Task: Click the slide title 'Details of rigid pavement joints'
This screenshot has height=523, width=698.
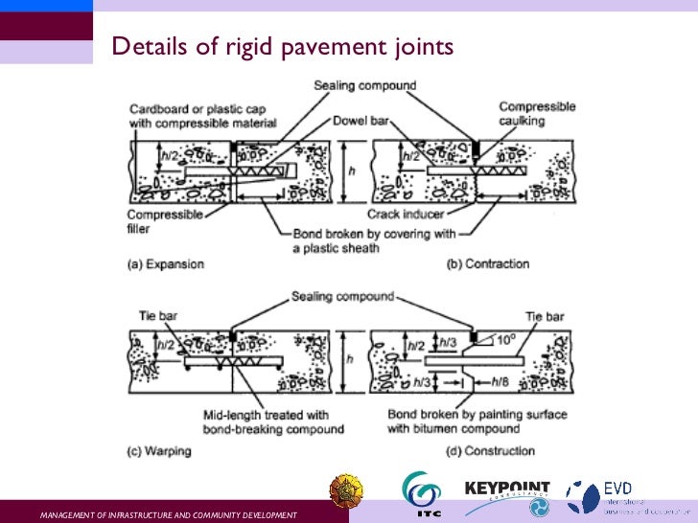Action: (x=282, y=46)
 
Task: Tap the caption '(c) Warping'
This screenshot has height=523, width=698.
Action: (x=163, y=450)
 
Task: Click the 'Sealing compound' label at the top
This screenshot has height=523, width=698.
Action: (x=365, y=85)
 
